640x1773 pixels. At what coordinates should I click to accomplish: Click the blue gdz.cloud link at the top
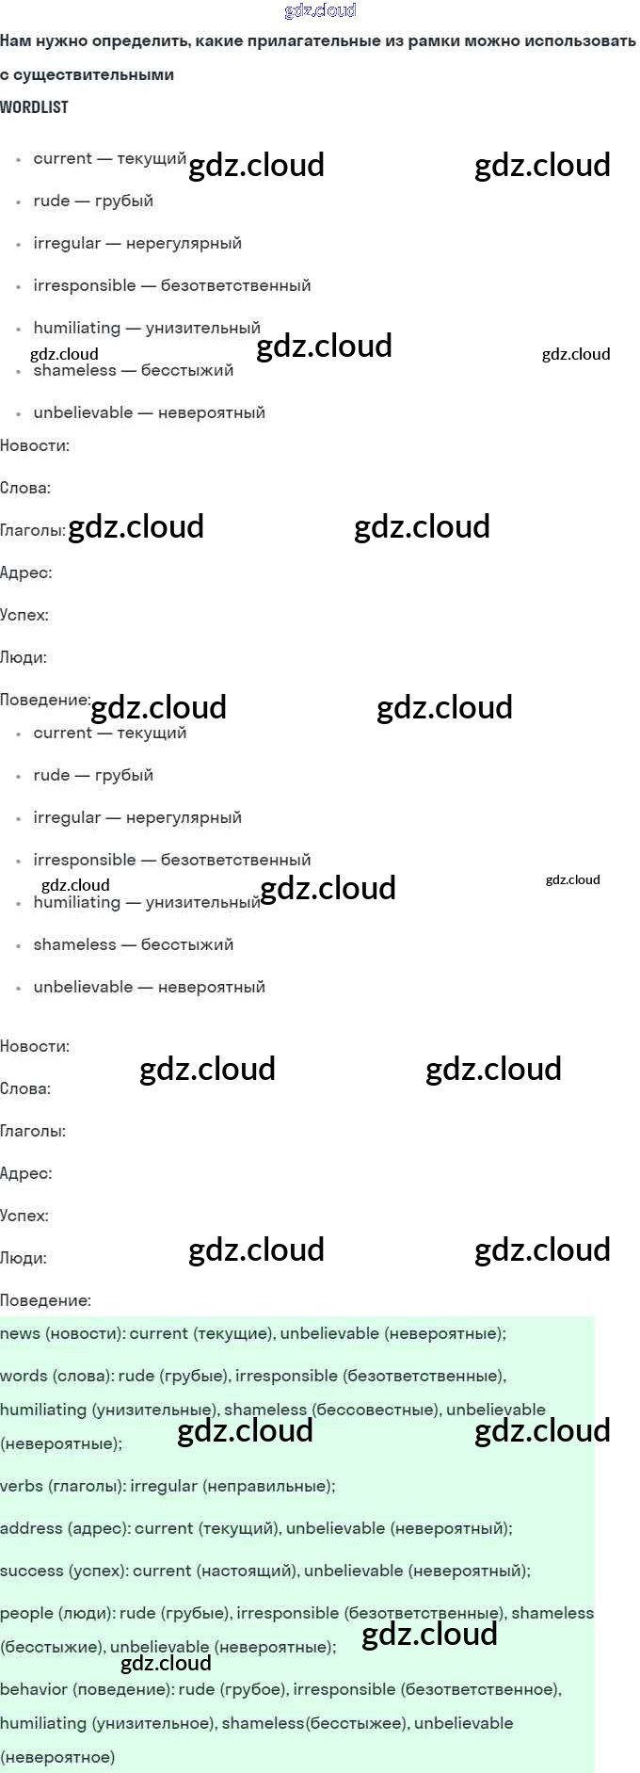(320, 10)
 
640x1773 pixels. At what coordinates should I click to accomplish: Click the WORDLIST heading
(34, 107)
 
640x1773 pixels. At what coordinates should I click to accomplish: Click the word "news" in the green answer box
(21, 1333)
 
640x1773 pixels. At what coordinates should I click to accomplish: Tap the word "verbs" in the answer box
(21, 1486)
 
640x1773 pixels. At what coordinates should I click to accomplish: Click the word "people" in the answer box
(25, 1613)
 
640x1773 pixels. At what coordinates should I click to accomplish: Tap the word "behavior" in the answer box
(34, 1689)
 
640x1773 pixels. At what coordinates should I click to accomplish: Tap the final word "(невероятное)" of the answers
(57, 1757)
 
